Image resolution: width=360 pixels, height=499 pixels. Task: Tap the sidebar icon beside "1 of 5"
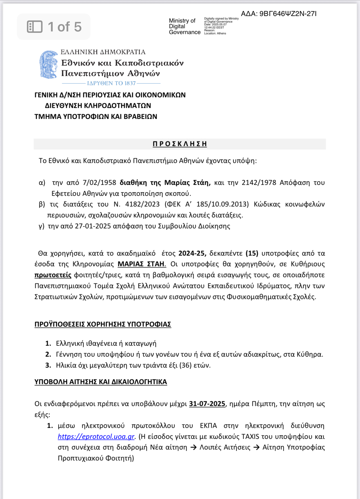tap(35, 27)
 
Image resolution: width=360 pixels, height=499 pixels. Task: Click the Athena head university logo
tap(49, 65)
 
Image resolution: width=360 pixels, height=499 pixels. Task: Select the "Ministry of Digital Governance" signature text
tap(184, 26)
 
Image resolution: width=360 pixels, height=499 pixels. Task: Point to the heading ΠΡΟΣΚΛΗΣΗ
tap(180, 144)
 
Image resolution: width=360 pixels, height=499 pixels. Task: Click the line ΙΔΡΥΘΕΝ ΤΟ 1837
tap(111, 83)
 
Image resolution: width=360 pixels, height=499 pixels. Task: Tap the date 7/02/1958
tap(99, 183)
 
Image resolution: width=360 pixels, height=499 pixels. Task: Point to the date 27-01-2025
tap(93, 226)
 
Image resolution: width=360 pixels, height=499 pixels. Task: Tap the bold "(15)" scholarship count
tap(252, 253)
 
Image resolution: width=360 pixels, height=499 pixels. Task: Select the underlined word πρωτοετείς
tap(53, 275)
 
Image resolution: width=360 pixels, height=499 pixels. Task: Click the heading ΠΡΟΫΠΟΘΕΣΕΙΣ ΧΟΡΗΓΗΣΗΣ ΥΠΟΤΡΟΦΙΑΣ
tap(103, 324)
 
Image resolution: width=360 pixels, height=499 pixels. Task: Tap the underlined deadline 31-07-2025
tap(207, 404)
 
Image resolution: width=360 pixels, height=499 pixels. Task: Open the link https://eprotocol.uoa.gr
tap(96, 437)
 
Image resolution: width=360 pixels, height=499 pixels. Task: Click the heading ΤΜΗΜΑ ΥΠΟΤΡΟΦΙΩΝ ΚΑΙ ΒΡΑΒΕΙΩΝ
tap(96, 116)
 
